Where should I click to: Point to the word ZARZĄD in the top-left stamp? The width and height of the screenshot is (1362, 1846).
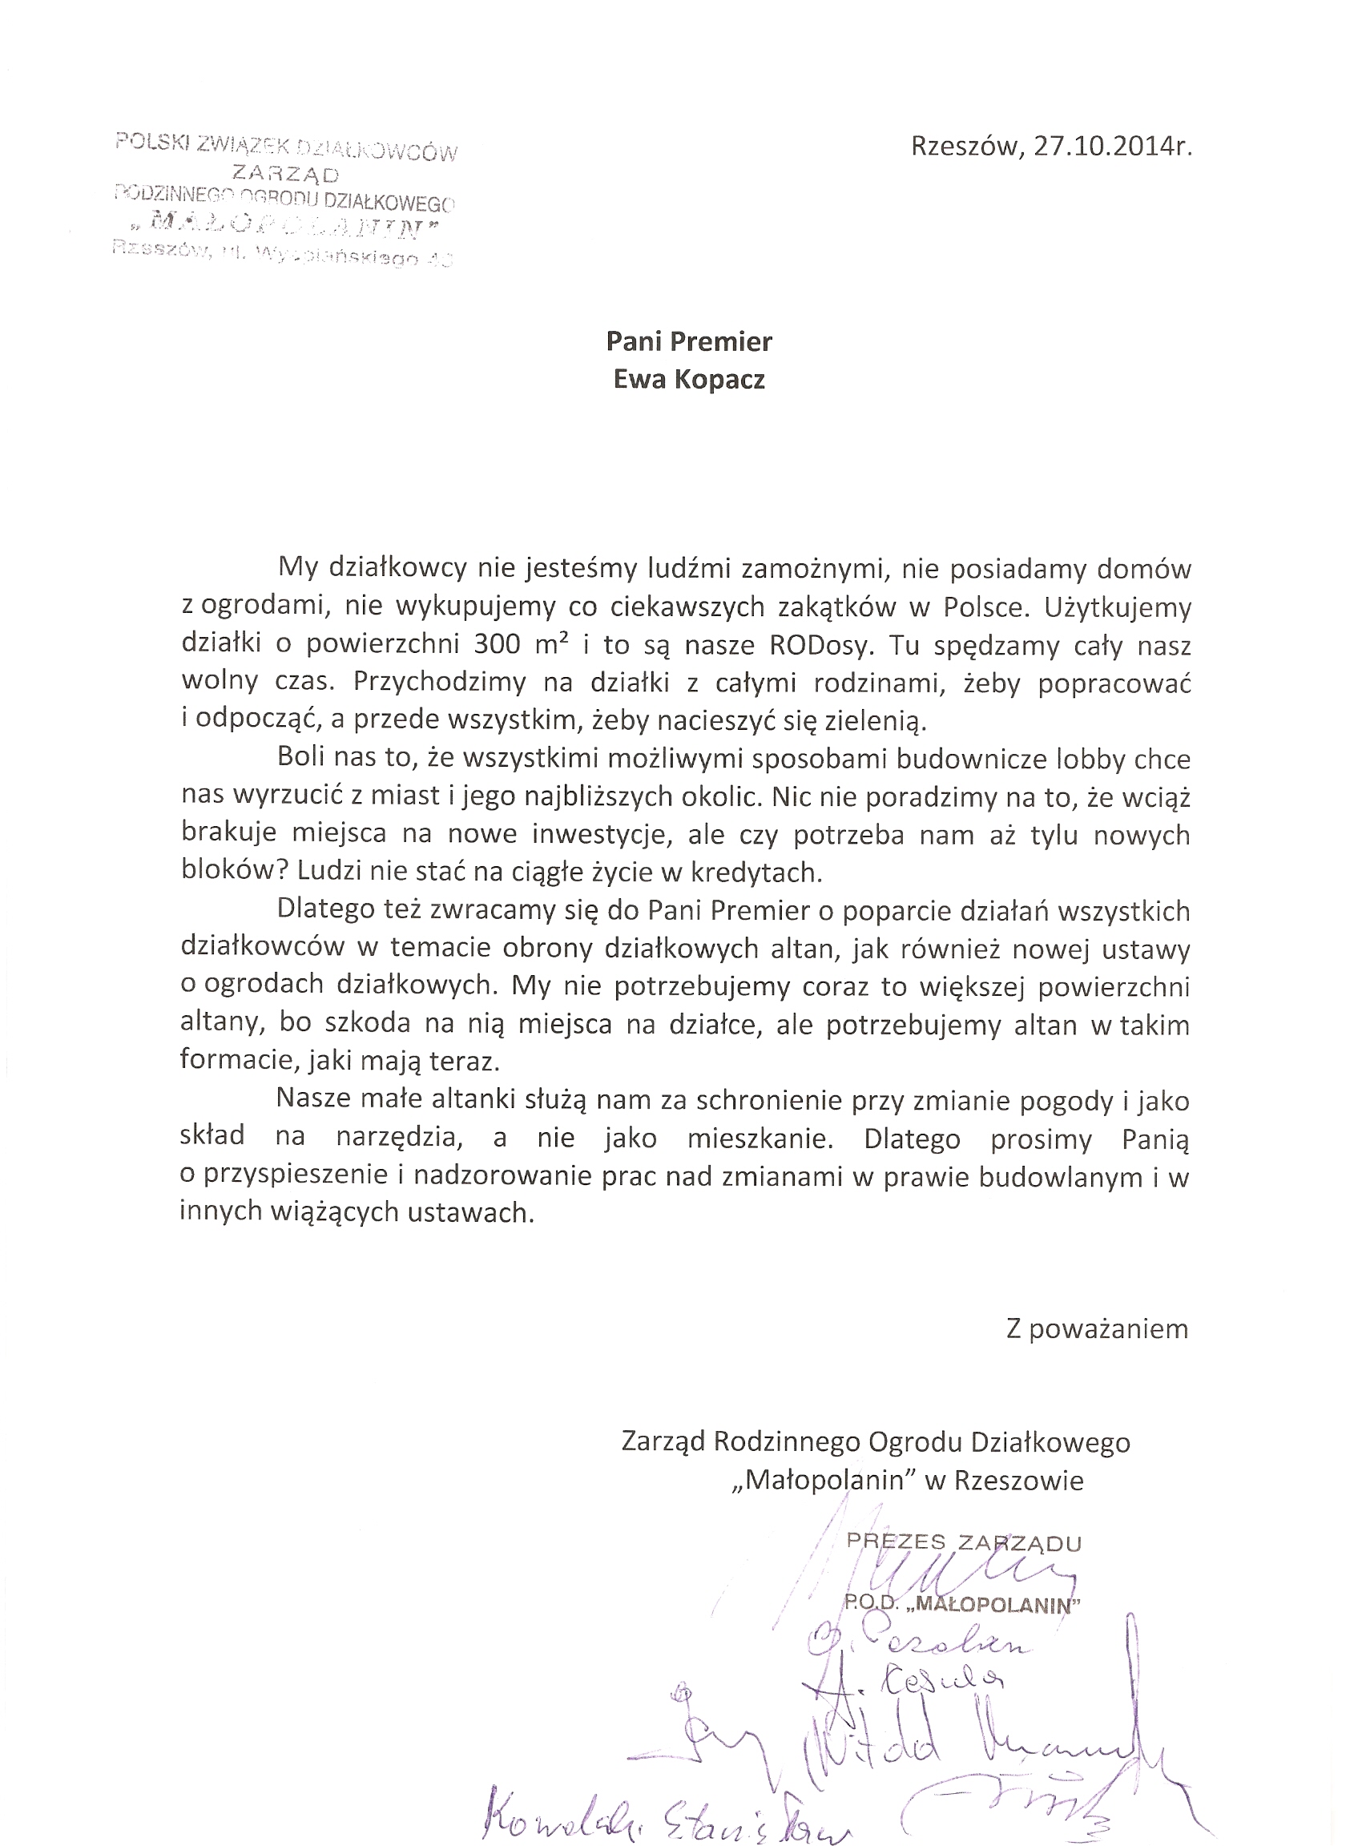pos(286,174)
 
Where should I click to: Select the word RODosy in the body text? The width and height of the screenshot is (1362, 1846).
pos(820,645)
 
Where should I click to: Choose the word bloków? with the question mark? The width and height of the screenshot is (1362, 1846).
pos(233,872)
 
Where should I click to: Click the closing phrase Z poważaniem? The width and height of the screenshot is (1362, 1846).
pos(1097,1329)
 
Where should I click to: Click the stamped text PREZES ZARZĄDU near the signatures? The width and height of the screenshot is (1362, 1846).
pos(963,1542)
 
